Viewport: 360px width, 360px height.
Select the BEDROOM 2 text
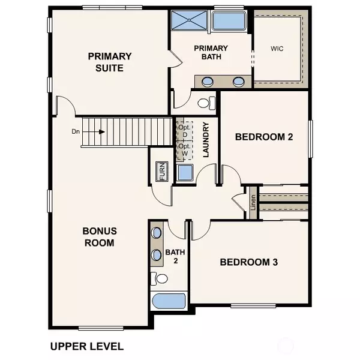(x=263, y=137)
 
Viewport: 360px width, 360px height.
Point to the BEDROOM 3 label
(x=248, y=262)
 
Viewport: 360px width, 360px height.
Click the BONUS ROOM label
(x=99, y=237)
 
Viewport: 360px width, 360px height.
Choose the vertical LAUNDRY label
(x=205, y=140)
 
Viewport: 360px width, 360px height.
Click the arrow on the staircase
(x=99, y=131)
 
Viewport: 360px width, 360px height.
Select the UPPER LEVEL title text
(x=87, y=346)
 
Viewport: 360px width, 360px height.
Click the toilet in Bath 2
(x=159, y=278)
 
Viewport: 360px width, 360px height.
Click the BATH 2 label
(x=173, y=256)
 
